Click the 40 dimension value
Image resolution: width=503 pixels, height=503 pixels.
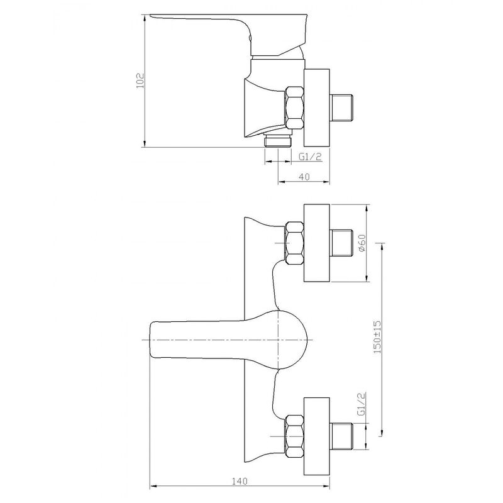tap(304, 177)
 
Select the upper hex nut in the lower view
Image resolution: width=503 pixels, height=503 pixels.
tap(294, 243)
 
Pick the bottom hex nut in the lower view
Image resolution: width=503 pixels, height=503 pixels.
tap(294, 435)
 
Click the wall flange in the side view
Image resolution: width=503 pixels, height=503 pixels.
tap(317, 106)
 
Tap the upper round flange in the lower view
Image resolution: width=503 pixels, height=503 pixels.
tap(317, 243)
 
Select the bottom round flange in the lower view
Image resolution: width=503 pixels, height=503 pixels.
tap(317, 435)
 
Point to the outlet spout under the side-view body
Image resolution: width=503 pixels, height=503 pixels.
tap(278, 140)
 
